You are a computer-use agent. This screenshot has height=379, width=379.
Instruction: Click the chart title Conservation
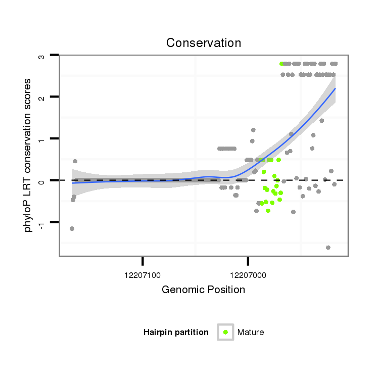point(204,43)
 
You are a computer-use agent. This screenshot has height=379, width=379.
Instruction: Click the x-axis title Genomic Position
point(203,290)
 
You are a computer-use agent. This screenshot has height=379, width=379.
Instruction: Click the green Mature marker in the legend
point(225,332)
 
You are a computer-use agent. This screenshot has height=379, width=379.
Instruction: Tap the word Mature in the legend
point(251,332)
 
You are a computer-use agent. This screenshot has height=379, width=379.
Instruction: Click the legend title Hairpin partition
point(176,332)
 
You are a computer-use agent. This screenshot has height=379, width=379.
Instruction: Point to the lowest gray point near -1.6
point(328,248)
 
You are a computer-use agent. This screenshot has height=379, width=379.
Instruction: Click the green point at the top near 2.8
point(281,64)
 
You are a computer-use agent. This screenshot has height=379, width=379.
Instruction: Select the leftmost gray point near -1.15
point(72,228)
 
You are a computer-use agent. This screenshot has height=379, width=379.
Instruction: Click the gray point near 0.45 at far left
point(75,161)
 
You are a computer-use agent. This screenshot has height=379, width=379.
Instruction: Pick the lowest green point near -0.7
point(268,211)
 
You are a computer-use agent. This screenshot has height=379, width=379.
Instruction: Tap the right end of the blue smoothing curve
point(335,88)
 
